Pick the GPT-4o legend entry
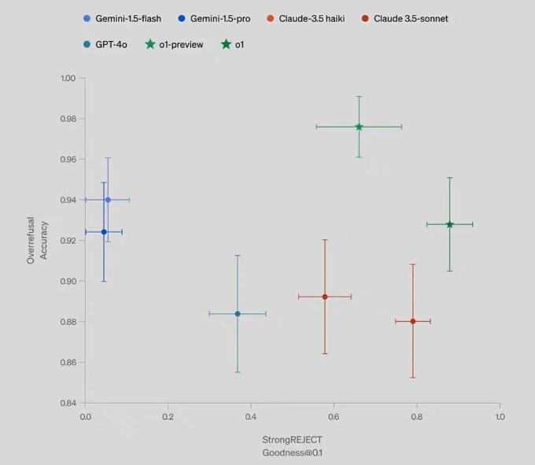click(109, 44)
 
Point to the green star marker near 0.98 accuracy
click(359, 127)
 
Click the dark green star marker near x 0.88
click(450, 224)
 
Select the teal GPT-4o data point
click(238, 314)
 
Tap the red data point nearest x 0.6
click(325, 297)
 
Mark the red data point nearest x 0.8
click(413, 321)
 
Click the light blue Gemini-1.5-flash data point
click(108, 200)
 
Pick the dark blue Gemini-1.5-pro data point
click(104, 232)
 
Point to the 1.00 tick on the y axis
click(68, 79)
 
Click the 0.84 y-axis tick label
click(68, 403)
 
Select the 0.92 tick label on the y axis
click(68, 241)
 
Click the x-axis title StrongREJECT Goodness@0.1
click(292, 446)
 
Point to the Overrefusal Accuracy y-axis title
click(37, 240)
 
